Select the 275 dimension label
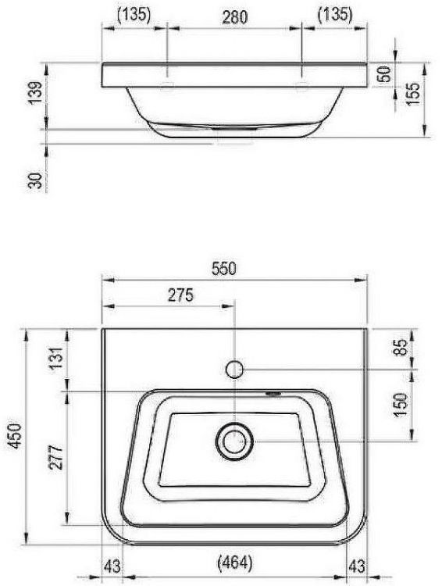pos(180,295)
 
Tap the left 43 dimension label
pos(112,563)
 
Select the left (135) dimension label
pos(134,14)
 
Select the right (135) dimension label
pos(335,14)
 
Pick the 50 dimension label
pos(384,76)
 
